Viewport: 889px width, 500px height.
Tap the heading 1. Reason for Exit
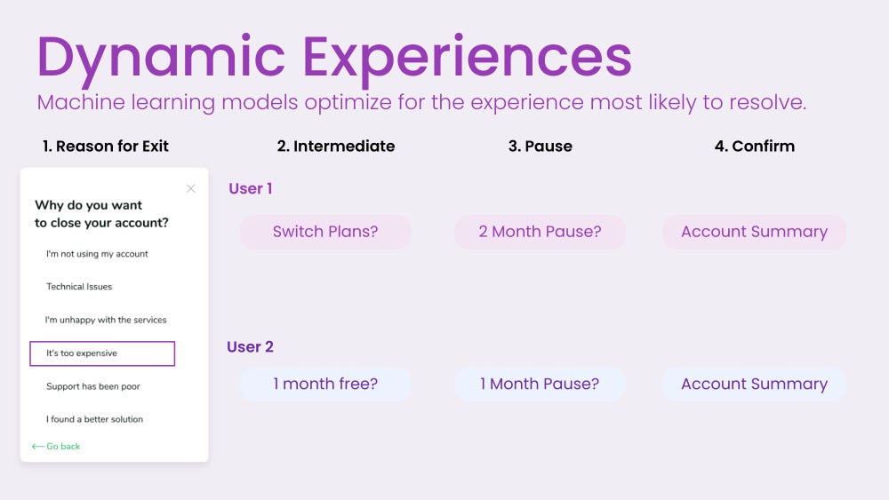pyautogui.click(x=106, y=147)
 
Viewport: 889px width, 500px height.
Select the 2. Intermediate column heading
pyautogui.click(x=336, y=147)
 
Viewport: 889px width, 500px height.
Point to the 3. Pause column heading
pyautogui.click(x=541, y=147)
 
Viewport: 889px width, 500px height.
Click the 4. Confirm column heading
pyautogui.click(x=755, y=147)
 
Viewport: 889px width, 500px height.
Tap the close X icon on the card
pyautogui.click(x=190, y=188)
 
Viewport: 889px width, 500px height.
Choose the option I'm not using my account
pyautogui.click(x=97, y=254)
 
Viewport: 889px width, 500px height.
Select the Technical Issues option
pyautogui.click(x=79, y=287)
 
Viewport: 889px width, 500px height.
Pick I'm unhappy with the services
pyautogui.click(x=106, y=320)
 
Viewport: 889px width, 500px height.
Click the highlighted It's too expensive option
pyautogui.click(x=102, y=353)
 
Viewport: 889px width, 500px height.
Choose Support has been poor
pyautogui.click(x=93, y=386)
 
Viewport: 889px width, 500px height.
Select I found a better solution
pyautogui.click(x=94, y=419)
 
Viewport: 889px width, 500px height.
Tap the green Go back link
pyautogui.click(x=56, y=446)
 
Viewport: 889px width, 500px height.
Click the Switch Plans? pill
pyautogui.click(x=324, y=232)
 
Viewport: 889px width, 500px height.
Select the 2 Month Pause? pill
pyautogui.click(x=540, y=232)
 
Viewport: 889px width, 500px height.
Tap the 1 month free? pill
pyautogui.click(x=324, y=384)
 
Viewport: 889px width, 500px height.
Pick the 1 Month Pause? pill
pyautogui.click(x=540, y=384)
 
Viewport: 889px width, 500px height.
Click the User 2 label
pyautogui.click(x=250, y=346)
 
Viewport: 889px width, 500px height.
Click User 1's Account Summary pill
pyautogui.click(x=754, y=232)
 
